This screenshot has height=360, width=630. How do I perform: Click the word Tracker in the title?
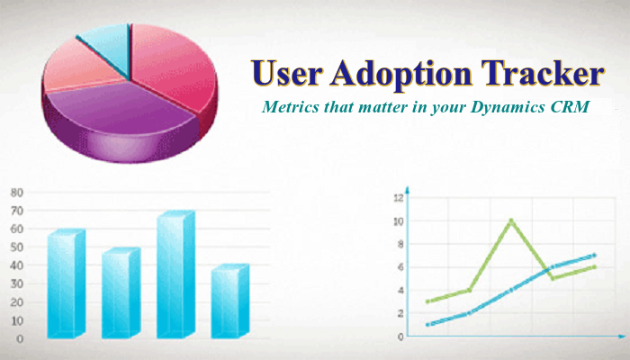click(x=543, y=74)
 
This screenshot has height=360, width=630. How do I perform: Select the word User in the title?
click(x=286, y=74)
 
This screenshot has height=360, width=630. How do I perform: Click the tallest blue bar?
click(x=175, y=274)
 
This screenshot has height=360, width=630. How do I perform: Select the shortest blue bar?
click(x=229, y=301)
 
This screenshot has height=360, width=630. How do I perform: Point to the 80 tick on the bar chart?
click(x=17, y=193)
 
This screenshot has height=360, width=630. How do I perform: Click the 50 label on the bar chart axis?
click(x=17, y=247)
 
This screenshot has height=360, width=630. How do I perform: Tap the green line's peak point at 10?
click(x=510, y=220)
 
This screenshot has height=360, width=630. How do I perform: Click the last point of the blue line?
click(x=594, y=256)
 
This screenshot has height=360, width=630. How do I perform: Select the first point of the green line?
click(x=427, y=301)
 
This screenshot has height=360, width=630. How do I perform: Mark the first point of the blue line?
click(x=427, y=324)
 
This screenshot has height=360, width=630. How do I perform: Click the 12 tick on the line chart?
click(x=398, y=198)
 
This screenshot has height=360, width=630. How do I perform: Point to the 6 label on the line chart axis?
click(x=400, y=267)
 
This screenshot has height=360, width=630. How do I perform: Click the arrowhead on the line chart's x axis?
click(x=622, y=336)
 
